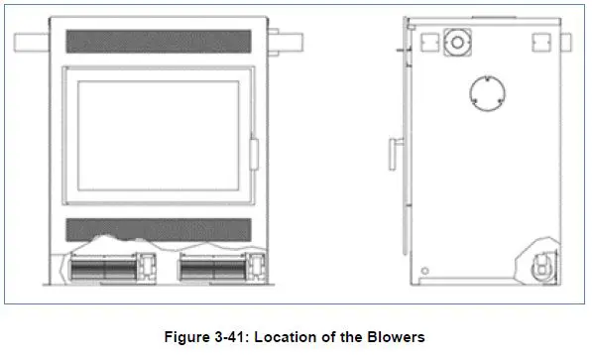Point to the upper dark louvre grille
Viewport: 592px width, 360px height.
click(157, 42)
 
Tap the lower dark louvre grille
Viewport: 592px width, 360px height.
click(157, 230)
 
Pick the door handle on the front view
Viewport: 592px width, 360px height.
click(254, 155)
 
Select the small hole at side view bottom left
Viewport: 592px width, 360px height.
click(425, 271)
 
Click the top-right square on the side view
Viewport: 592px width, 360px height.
click(541, 43)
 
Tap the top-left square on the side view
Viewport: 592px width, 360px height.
click(430, 43)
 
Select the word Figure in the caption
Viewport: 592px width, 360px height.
click(187, 337)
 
